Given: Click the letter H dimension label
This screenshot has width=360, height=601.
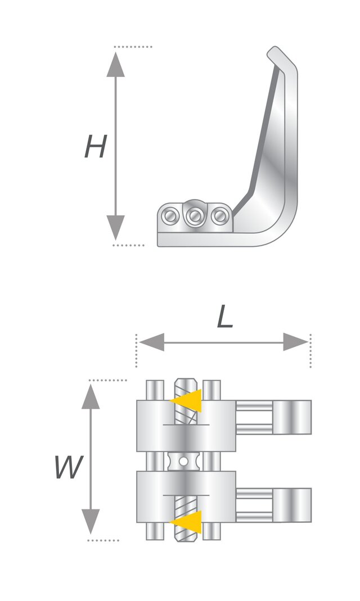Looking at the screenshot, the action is tap(94, 146).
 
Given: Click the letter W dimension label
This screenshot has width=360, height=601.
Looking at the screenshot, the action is tap(69, 467).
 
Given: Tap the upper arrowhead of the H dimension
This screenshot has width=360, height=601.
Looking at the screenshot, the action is tap(115, 65).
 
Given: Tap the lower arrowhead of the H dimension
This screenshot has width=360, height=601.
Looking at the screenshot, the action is tap(115, 228).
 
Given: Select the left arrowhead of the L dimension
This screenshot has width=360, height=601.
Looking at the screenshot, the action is tap(151, 342).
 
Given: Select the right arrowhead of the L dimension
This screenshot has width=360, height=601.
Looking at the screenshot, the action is tap(295, 342).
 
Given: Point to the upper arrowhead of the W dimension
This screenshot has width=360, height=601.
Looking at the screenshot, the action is tap(91, 396).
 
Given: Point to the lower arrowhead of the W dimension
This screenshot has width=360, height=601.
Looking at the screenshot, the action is tap(91, 521).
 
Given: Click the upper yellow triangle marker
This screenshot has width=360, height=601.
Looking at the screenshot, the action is tap(188, 401).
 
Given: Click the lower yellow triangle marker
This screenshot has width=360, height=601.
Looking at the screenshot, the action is tap(188, 522).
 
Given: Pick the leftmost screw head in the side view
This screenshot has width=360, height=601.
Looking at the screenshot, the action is tap(170, 216).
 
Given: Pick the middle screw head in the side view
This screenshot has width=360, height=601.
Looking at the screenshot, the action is tap(195, 216).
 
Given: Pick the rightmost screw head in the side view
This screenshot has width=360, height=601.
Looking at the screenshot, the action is tap(219, 216).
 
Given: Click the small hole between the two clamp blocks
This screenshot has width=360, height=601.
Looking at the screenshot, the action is tap(185, 461).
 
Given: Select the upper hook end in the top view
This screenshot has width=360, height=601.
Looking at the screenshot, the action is tap(292, 417).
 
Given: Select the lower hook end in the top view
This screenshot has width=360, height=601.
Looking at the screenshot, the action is tap(292, 505).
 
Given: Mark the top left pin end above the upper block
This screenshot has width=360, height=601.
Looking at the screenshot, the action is tap(155, 390).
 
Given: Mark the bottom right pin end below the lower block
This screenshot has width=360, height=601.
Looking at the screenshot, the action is tap(211, 531).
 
